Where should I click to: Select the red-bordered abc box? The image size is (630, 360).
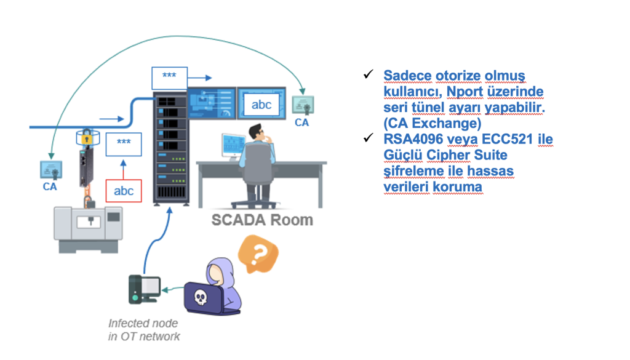(124, 191)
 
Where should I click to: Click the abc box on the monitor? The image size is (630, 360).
(261, 105)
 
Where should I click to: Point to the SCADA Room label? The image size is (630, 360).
(262, 220)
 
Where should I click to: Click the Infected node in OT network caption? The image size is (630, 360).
(144, 330)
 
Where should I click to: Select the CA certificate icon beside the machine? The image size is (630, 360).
(50, 170)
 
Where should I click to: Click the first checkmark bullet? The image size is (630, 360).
(369, 74)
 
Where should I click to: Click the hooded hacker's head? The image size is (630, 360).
(218, 271)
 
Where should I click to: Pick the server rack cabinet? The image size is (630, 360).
(170, 148)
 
